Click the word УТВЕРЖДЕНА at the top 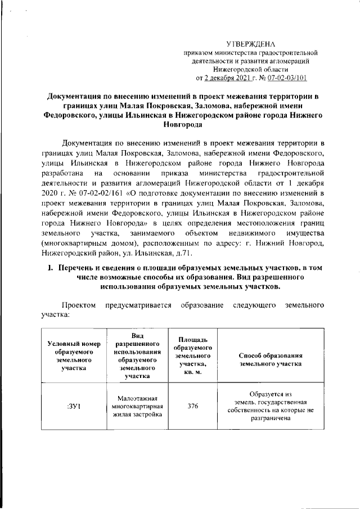(251, 43)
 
